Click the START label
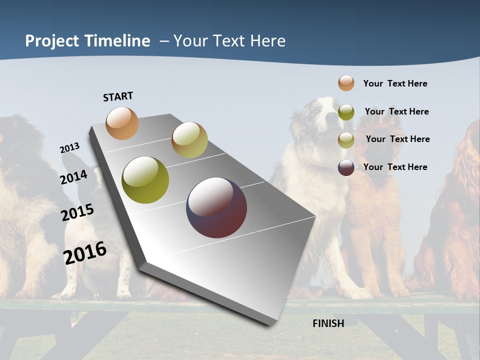click(x=118, y=96)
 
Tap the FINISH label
click(x=328, y=323)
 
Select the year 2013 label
click(x=69, y=148)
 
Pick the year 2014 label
click(x=73, y=177)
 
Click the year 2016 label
click(x=84, y=252)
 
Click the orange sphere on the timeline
click(x=122, y=123)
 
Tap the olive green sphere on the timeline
click(x=145, y=180)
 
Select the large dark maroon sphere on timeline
click(x=216, y=207)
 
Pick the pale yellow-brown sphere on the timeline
click(x=189, y=140)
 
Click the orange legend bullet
click(x=346, y=83)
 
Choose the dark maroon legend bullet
click(x=346, y=167)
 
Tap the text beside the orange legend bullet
click(x=395, y=83)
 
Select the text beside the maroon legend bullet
click(x=395, y=167)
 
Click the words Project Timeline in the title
click(x=87, y=41)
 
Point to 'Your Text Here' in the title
click(x=229, y=41)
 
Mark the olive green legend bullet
click(x=346, y=112)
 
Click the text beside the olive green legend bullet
click(x=396, y=111)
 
